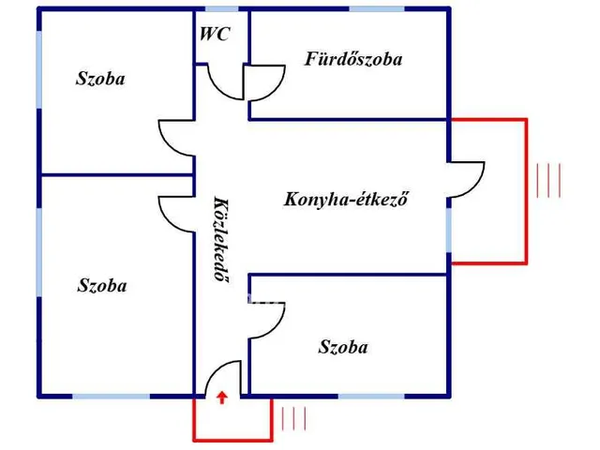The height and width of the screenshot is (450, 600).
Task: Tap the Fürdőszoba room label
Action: [353, 59]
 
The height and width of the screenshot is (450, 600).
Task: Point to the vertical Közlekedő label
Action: [221, 239]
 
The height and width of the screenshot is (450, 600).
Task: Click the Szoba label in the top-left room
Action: [100, 79]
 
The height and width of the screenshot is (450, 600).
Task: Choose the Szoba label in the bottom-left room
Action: [102, 286]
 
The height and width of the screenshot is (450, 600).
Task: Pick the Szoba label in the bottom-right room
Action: [343, 348]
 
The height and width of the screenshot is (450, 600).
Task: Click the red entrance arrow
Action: [221, 397]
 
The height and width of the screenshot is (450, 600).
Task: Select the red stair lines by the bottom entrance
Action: [293, 418]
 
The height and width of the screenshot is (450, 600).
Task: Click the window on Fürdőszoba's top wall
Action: [376, 8]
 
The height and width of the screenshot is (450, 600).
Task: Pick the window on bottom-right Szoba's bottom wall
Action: [365, 397]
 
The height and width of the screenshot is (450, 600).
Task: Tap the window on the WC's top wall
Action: [221, 8]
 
